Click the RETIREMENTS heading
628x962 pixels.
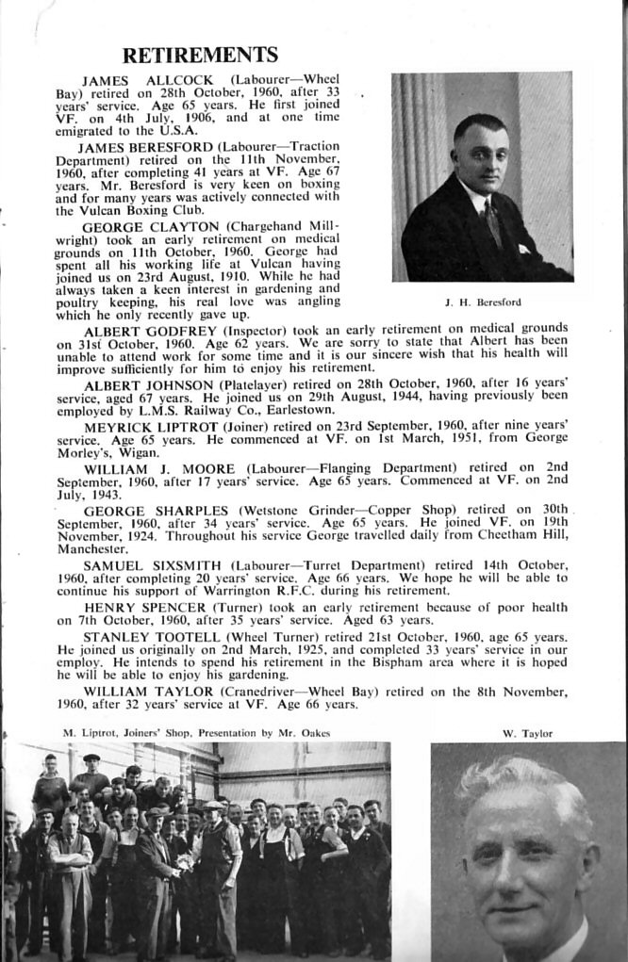[200, 55]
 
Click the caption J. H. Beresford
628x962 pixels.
[482, 302]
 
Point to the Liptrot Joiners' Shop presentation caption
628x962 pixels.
[196, 732]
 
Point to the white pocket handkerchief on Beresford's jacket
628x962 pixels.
[524, 249]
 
